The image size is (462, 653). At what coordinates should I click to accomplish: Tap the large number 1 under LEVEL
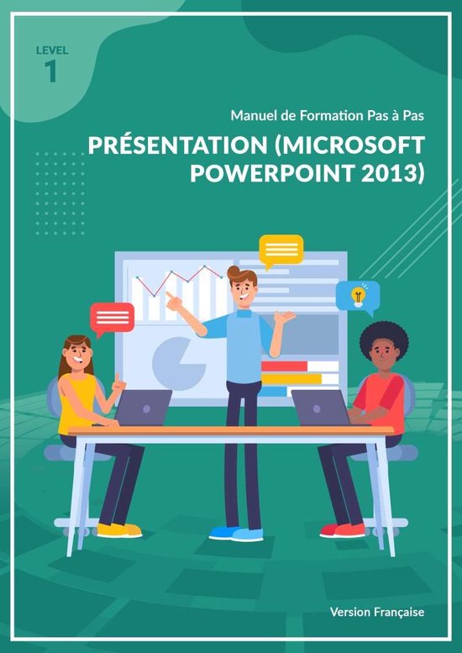pyautogui.click(x=51, y=72)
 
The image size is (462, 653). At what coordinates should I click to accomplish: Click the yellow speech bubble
pyautogui.click(x=281, y=250)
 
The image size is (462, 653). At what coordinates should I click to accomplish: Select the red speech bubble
pyautogui.click(x=112, y=317)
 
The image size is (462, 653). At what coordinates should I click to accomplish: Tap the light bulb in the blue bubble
pyautogui.click(x=358, y=296)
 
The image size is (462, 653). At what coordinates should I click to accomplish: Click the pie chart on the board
pyautogui.click(x=178, y=360)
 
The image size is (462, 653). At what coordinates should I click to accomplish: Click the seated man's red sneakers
pyautogui.click(x=343, y=529)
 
